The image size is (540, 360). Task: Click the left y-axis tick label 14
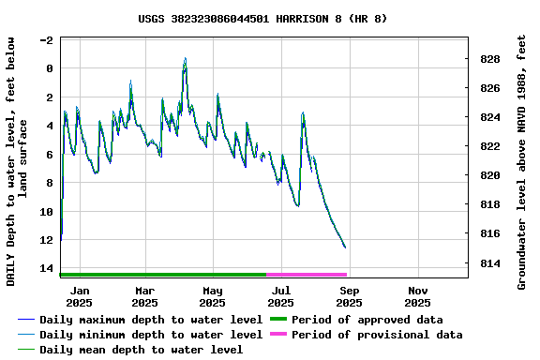tap(47, 268)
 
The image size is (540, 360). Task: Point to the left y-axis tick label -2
tap(47, 40)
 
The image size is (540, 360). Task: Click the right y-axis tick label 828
tap(489, 59)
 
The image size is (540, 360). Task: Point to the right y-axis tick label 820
tap(489, 175)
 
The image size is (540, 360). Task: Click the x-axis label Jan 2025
tap(79, 296)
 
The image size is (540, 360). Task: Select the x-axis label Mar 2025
tap(144, 296)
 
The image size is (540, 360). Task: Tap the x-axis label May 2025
tap(212, 296)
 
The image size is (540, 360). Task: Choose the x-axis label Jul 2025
tap(280, 296)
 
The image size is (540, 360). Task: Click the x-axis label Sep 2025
tap(349, 296)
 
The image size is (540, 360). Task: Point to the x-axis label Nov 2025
tap(417, 296)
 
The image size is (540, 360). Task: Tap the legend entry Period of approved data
tap(367, 320)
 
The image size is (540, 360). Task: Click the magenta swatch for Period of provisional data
tap(277, 335)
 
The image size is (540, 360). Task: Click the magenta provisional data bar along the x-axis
tap(307, 275)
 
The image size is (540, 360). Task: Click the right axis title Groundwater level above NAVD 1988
tap(522, 161)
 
